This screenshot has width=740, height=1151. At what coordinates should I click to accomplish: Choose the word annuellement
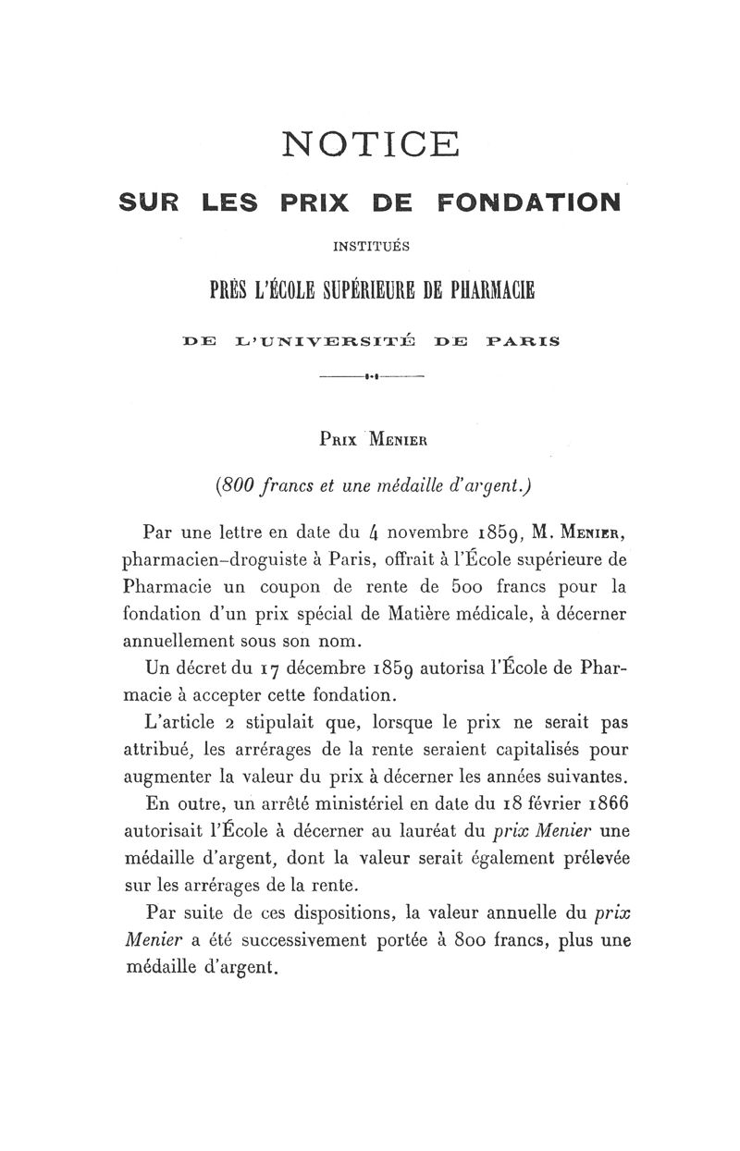point(179,641)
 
